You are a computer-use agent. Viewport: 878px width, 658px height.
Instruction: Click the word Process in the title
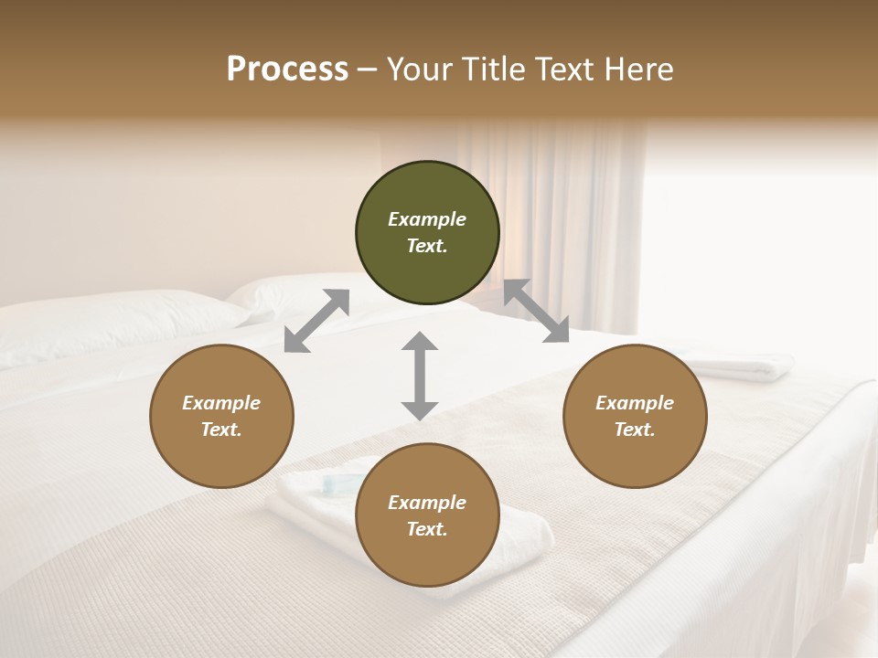[287, 69]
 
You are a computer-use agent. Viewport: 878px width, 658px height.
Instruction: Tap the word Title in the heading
[491, 69]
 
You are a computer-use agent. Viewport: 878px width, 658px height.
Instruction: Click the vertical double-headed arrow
[420, 376]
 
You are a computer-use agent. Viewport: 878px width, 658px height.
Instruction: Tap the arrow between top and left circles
[316, 320]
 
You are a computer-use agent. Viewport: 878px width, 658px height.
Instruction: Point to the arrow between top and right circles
[536, 312]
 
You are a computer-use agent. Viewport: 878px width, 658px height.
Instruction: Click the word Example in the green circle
[427, 219]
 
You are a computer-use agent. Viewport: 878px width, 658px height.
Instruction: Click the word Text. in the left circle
[221, 430]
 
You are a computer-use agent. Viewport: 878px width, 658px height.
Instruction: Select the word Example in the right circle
[635, 403]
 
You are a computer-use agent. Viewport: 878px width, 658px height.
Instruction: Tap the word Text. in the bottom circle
[427, 529]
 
